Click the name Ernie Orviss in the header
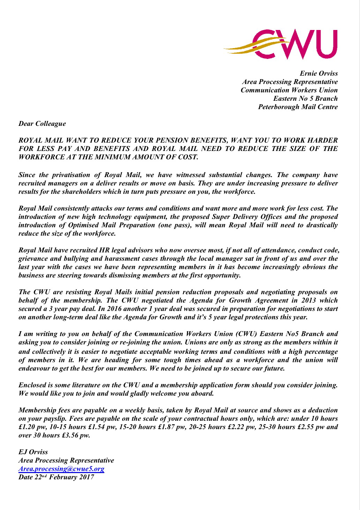pos(318,74)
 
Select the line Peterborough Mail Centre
pos(298,107)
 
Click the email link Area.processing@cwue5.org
pos(61,469)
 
